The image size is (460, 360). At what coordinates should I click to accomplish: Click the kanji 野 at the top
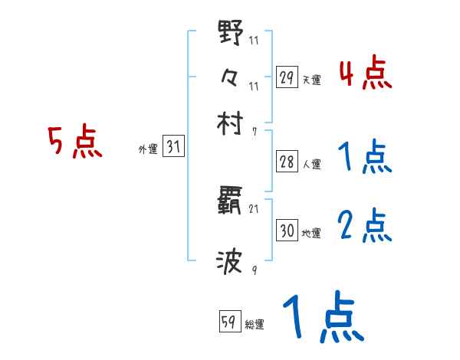(230, 34)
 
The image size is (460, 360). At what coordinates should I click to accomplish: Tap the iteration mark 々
(230, 77)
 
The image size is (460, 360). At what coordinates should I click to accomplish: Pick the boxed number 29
(287, 77)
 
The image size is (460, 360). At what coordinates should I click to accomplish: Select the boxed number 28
(287, 162)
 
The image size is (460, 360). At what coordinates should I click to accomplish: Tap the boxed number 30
(287, 231)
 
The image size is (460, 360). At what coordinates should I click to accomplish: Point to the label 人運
(311, 164)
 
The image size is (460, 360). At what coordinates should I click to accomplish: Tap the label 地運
(311, 233)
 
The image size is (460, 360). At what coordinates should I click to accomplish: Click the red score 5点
(74, 142)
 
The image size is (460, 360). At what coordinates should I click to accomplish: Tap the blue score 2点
(365, 226)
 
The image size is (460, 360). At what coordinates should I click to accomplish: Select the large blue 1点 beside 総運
(322, 318)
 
